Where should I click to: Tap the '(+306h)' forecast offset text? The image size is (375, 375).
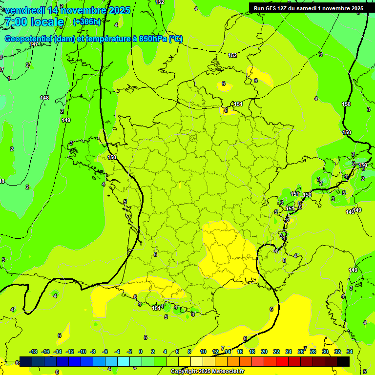[x=87, y=22]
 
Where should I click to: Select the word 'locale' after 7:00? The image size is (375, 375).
[x=47, y=22]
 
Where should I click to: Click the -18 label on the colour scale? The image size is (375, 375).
[x=33, y=352]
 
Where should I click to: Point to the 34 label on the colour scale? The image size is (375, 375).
[x=350, y=352]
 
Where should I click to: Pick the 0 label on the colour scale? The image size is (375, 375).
[x=140, y=352]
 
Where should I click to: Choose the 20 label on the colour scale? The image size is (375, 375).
[x=264, y=352]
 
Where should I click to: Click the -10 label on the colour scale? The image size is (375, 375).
[x=82, y=352]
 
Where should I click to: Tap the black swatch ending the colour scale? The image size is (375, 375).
[x=343, y=361]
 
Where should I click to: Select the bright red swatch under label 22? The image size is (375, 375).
[x=282, y=361]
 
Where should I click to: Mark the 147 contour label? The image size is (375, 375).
[x=33, y=44]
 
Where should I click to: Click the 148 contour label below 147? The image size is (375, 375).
[x=44, y=98]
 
